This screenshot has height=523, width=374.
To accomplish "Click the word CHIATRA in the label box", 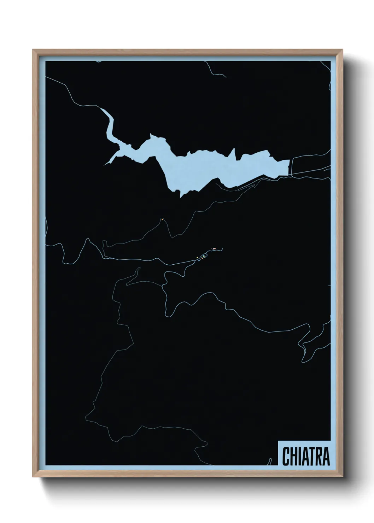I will point(306,456).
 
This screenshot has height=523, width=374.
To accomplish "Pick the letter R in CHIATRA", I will point(319,456).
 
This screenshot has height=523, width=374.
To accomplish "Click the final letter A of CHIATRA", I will point(326,456).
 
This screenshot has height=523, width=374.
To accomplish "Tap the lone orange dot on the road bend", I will point(162,219).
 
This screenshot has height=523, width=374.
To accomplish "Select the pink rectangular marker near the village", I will point(214,249).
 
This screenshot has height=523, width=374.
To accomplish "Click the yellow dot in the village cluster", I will point(197,258).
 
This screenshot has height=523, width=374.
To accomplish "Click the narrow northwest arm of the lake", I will point(109,124).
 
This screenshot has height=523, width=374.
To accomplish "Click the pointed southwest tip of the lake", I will point(105,164).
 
